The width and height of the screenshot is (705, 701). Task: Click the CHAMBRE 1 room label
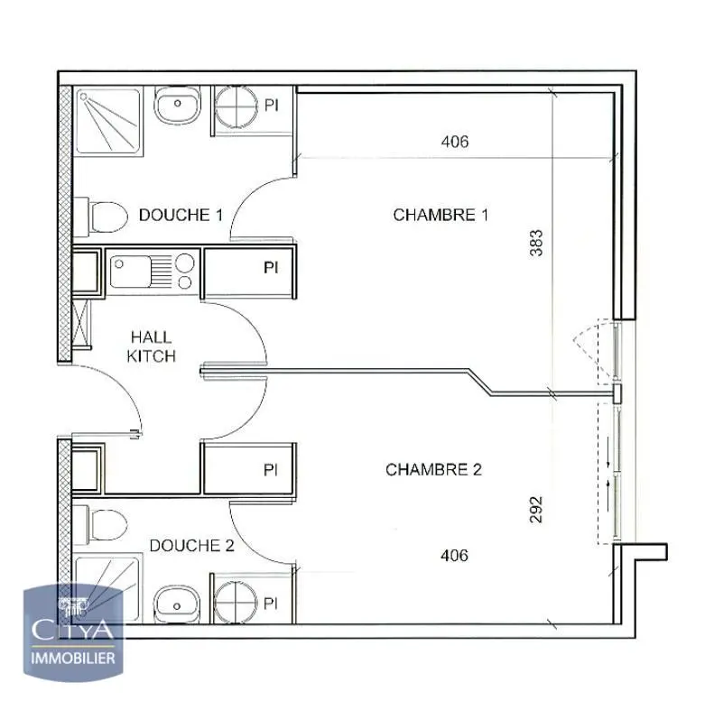441,215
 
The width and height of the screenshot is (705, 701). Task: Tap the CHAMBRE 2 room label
433,469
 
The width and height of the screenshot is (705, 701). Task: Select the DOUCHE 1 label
181,215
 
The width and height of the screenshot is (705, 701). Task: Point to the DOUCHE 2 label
191,545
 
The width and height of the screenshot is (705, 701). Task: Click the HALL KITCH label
151,346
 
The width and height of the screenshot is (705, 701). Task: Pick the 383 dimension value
536,244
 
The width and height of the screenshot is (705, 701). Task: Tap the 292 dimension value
536,509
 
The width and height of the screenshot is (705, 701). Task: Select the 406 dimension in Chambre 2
454,555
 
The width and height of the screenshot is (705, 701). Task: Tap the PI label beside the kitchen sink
270,268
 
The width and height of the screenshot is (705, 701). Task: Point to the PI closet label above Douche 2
270,470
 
